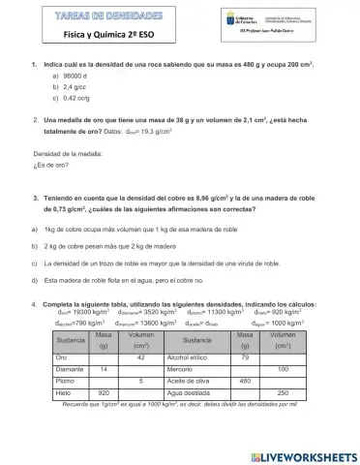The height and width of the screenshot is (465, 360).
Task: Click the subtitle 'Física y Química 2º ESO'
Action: point(101,34)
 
